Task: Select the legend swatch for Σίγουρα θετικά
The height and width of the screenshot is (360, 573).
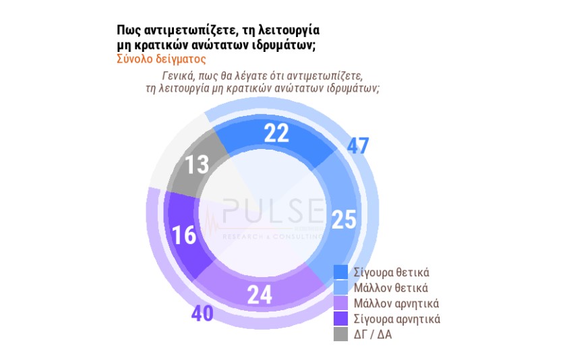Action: pyautogui.click(x=341, y=272)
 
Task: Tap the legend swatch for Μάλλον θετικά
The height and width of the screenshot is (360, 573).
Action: pyautogui.click(x=341, y=288)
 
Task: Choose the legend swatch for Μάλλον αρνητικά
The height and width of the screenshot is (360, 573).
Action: pyautogui.click(x=341, y=303)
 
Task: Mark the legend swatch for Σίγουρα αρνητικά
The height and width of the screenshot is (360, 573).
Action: pyautogui.click(x=341, y=318)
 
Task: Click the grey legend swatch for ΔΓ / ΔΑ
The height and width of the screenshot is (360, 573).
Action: pyautogui.click(x=341, y=333)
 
